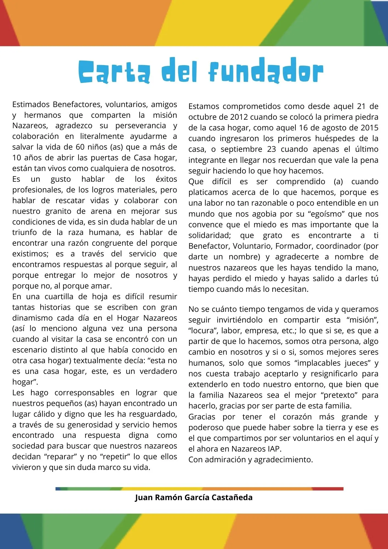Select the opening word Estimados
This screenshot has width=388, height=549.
pyautogui.click(x=31, y=104)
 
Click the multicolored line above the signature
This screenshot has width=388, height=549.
pyautogui.click(x=199, y=489)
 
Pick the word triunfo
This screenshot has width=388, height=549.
pyautogui.click(x=24, y=233)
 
